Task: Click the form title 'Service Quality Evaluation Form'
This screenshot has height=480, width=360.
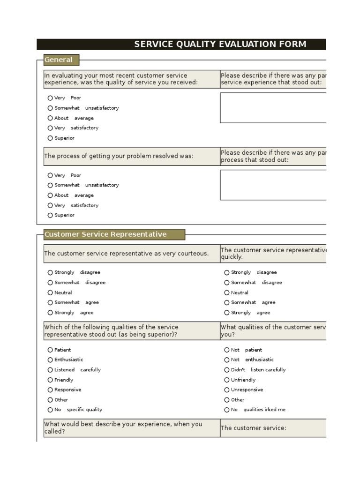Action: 220,44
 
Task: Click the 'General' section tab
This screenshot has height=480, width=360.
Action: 59,60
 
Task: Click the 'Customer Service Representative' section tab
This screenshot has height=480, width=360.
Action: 105,234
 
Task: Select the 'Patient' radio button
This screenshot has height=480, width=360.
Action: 50,350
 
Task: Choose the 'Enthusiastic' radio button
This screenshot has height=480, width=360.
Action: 50,360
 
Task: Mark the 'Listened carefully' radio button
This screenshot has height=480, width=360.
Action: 50,370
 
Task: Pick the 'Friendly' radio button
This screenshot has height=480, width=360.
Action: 50,380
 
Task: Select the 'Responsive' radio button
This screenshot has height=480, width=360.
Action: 50,390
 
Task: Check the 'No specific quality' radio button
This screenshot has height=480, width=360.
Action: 50,410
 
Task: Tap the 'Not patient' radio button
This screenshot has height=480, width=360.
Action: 227,350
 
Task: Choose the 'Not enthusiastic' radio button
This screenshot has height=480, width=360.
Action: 227,360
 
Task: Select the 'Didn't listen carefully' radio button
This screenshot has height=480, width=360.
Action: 227,370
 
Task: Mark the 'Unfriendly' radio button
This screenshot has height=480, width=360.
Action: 227,380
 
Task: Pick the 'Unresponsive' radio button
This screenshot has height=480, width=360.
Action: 227,390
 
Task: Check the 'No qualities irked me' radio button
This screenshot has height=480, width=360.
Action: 227,410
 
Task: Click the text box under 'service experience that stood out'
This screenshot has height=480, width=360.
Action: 273,108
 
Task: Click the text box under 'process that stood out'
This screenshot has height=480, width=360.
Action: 273,185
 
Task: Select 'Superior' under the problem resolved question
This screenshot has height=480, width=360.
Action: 50,216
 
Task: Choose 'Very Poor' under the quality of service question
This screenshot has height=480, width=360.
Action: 50,98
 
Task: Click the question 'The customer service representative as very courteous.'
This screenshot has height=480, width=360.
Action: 127,254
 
